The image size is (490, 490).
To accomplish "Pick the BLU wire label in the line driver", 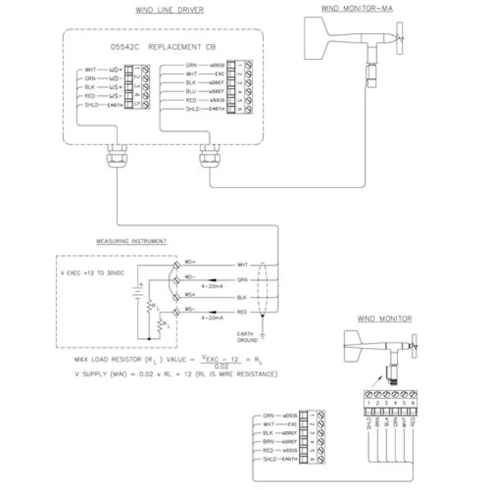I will tap(190, 91).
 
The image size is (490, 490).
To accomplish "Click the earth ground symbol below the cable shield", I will tap(262, 336).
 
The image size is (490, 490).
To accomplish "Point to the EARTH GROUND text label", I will tap(248, 336).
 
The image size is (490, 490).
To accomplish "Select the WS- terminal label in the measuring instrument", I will tap(190, 309).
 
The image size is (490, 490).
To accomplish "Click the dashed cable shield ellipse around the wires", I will tap(263, 288).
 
